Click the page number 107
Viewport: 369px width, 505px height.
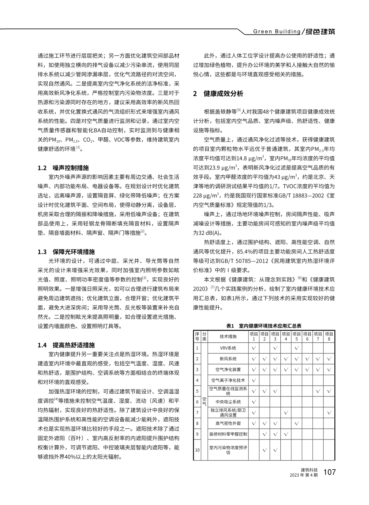(329, 472)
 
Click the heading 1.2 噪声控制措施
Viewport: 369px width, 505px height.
(63, 168)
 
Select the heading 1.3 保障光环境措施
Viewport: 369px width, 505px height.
(66, 252)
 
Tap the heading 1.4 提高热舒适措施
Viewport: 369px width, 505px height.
(66, 345)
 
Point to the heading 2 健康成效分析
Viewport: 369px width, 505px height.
(218, 93)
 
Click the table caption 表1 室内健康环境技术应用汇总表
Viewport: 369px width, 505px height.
(264, 326)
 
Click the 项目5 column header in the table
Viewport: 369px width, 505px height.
(296, 336)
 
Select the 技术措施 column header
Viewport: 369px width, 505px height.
(228, 336)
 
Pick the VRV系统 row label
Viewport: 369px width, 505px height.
(228, 348)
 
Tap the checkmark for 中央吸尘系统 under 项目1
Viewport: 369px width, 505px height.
(254, 401)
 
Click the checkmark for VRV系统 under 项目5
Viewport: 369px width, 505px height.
(296, 348)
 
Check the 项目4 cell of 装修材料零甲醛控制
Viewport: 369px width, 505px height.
(285, 434)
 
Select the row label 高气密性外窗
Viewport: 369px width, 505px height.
(228, 423)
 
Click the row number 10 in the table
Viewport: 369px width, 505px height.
(197, 450)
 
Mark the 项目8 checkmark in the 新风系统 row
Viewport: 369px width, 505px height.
(329, 359)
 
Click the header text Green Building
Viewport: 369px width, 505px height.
(277, 31)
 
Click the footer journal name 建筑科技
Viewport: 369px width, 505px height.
(309, 469)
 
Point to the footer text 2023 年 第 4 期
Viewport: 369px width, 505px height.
(304, 475)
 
